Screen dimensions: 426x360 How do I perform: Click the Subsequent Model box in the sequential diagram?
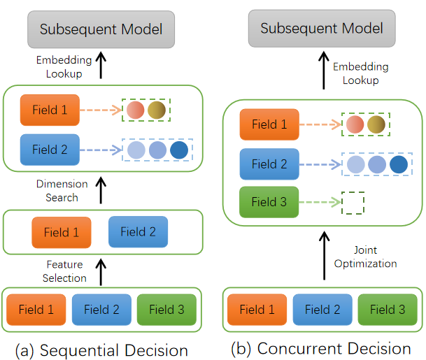point(101,29)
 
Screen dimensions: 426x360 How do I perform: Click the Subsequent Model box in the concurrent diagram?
point(322,28)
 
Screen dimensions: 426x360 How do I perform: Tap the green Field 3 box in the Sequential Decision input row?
point(166,310)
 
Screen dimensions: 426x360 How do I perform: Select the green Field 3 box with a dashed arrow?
point(269,202)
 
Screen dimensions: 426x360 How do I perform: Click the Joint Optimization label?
point(365,257)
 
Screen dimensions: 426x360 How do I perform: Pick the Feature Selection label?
point(64,271)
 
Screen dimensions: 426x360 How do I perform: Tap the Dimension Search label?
point(62,191)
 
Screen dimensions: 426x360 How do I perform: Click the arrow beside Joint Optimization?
point(324,255)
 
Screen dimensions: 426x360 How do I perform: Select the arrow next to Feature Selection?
point(101,272)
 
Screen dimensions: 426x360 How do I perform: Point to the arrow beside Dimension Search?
point(101,190)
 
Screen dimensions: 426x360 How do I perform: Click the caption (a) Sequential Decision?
point(101,350)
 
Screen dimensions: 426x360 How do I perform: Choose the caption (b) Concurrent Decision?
point(321,349)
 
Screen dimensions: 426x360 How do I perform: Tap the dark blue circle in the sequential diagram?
point(179,150)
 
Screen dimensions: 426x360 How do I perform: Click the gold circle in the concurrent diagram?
point(376,124)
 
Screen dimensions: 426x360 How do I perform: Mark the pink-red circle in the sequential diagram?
point(135,110)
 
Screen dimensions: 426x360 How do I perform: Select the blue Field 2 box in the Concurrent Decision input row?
point(322,310)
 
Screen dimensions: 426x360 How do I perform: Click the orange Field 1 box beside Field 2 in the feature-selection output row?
point(62,232)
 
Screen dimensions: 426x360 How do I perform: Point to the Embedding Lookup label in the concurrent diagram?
point(361,73)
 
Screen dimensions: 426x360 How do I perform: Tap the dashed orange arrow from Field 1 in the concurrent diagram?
point(320,124)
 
